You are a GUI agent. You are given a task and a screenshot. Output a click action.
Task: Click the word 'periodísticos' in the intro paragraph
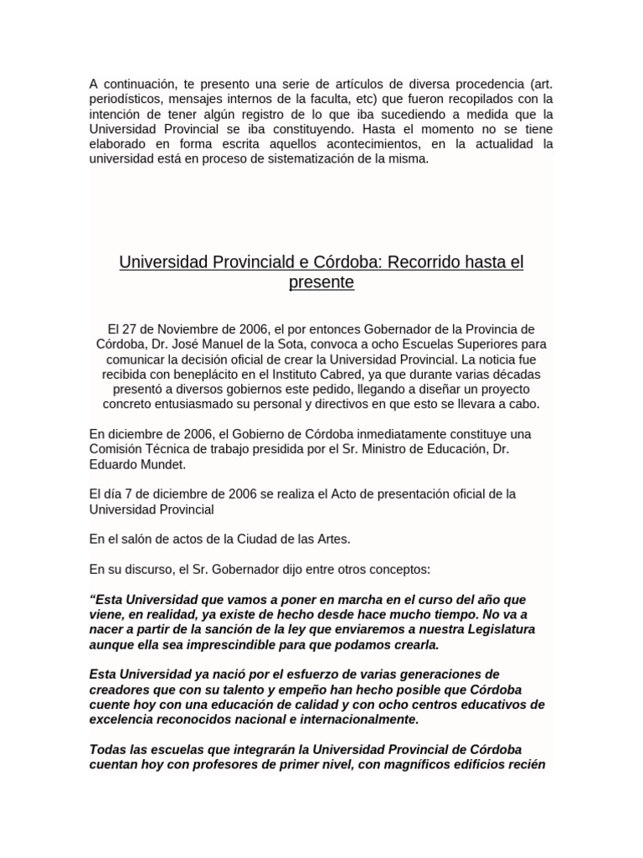[x=125, y=100]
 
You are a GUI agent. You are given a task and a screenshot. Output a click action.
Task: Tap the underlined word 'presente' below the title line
[x=321, y=282]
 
